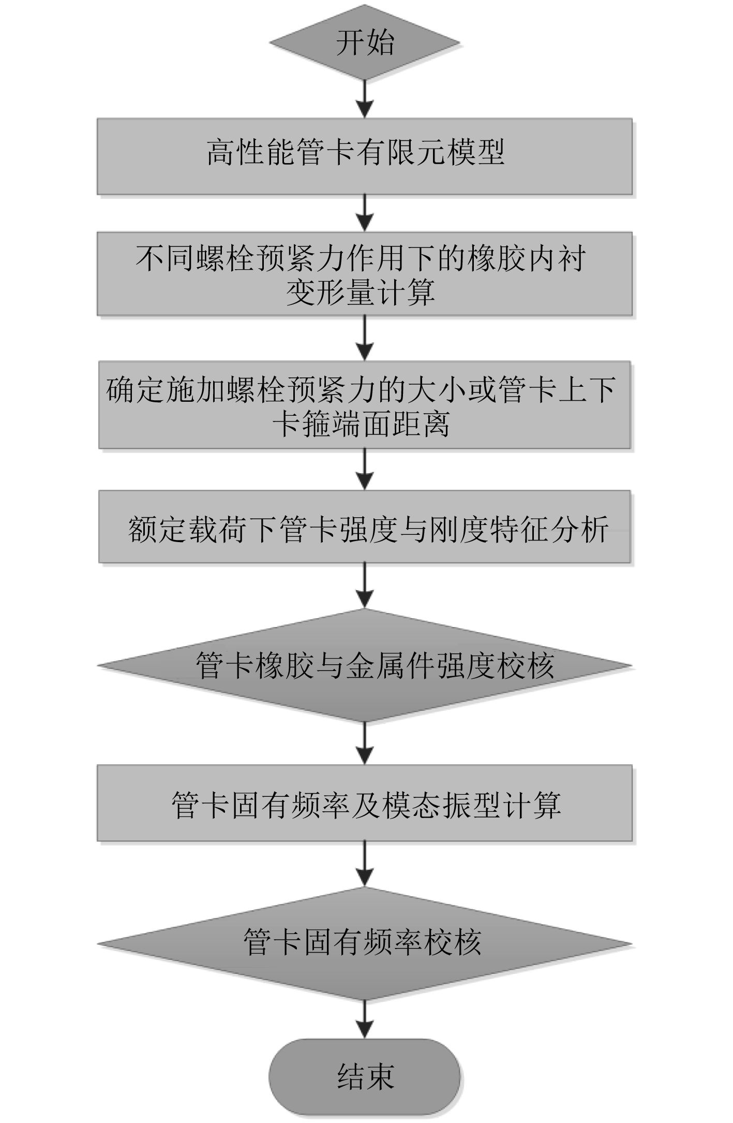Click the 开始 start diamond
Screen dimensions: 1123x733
365,42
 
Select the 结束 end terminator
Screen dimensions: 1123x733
365,1076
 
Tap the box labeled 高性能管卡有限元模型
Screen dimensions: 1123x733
365,156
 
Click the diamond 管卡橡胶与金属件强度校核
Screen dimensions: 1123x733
365,665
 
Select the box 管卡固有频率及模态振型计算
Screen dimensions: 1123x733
365,805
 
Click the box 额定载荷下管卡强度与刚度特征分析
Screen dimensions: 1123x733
365,527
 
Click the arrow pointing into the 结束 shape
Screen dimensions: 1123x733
365,1018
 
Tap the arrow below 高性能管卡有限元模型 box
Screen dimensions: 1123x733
365,213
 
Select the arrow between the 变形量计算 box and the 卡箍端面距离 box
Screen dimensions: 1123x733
365,338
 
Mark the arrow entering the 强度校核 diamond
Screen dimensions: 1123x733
365,586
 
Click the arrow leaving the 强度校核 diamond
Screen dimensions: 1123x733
365,742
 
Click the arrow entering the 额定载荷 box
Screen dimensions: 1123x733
365,469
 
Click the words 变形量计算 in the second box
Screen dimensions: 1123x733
361,293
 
